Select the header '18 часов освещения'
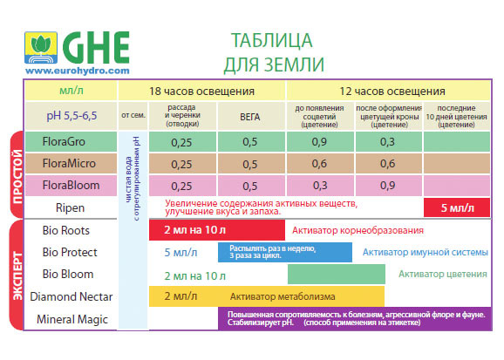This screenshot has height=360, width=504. tap(201, 91)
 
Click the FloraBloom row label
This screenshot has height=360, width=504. tap(70, 185)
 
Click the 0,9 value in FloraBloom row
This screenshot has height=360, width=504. tap(387, 185)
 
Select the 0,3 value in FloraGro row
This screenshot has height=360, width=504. tap(387, 141)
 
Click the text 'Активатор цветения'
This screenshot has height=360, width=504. tap(442, 274)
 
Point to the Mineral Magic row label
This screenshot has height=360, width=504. tap(72, 319)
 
